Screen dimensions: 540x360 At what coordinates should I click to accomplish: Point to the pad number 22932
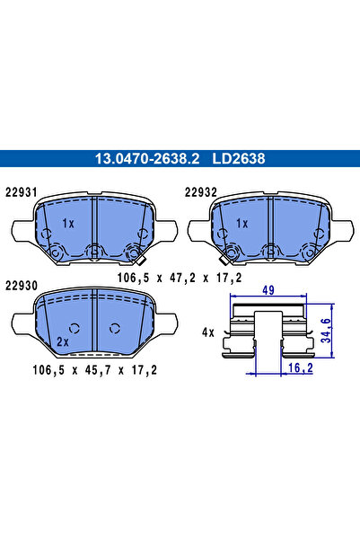point(200,190)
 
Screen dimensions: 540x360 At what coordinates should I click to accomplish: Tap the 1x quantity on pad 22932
point(241,223)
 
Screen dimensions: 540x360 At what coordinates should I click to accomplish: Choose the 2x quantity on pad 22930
point(62,342)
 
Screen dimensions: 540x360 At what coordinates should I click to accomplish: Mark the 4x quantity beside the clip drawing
point(207,332)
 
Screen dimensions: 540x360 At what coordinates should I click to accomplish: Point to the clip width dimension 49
point(267,289)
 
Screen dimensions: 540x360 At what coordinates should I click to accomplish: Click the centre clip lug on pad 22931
point(93,252)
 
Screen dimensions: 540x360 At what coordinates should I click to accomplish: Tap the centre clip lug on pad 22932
point(268,252)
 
